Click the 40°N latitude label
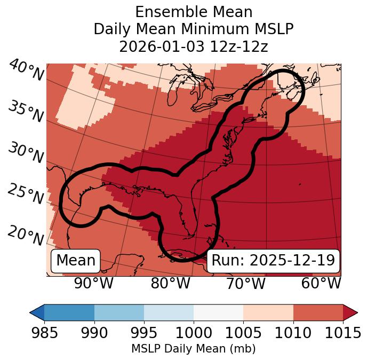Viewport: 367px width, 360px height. [x=26, y=71]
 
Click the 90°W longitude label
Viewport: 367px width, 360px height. [x=93, y=283]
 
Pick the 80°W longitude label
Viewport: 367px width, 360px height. [x=170, y=283]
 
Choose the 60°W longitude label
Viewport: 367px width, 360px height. [x=321, y=283]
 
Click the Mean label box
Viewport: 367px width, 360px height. [x=76, y=261]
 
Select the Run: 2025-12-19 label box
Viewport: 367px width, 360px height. [x=273, y=261]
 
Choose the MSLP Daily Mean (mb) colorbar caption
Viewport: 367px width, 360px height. [x=194, y=349]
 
